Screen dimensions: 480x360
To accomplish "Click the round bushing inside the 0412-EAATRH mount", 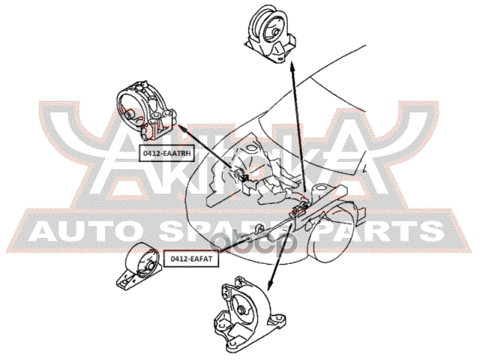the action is click(133, 113).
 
